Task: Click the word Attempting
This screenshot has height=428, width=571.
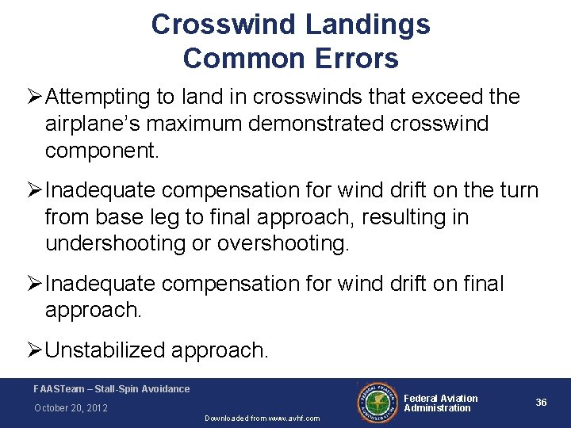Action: pyautogui.click(x=98, y=97)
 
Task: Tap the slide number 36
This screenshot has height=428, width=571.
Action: pyautogui.click(x=541, y=403)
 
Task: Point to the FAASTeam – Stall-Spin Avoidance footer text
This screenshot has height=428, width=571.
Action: pyautogui.click(x=112, y=389)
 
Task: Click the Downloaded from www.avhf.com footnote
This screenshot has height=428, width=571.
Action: pyautogui.click(x=263, y=418)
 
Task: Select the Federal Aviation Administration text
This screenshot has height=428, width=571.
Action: pyautogui.click(x=441, y=403)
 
